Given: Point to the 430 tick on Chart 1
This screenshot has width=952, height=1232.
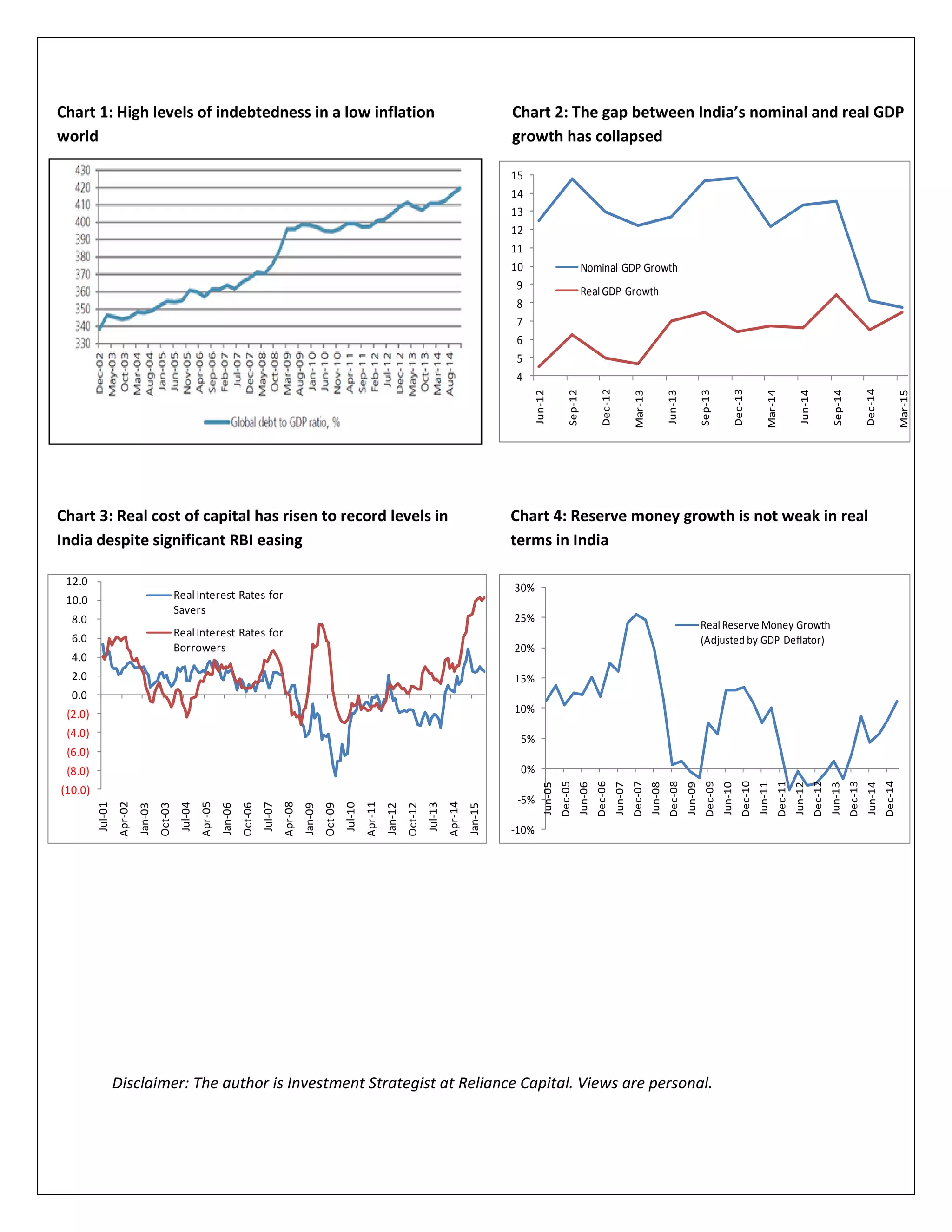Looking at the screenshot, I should pyautogui.click(x=83, y=170).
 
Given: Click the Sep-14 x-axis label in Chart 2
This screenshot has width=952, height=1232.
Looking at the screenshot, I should pyautogui.click(x=838, y=407).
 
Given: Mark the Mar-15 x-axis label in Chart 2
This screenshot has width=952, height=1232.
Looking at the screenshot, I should pyautogui.click(x=904, y=408).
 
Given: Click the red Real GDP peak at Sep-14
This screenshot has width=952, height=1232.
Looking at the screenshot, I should pyautogui.click(x=836, y=294).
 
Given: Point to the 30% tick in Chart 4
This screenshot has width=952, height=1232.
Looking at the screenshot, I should pyautogui.click(x=524, y=588).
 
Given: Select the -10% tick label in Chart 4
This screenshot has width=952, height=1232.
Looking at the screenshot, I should pyautogui.click(x=523, y=830).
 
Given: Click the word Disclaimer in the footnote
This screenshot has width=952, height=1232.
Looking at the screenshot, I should pyautogui.click(x=150, y=1083).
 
